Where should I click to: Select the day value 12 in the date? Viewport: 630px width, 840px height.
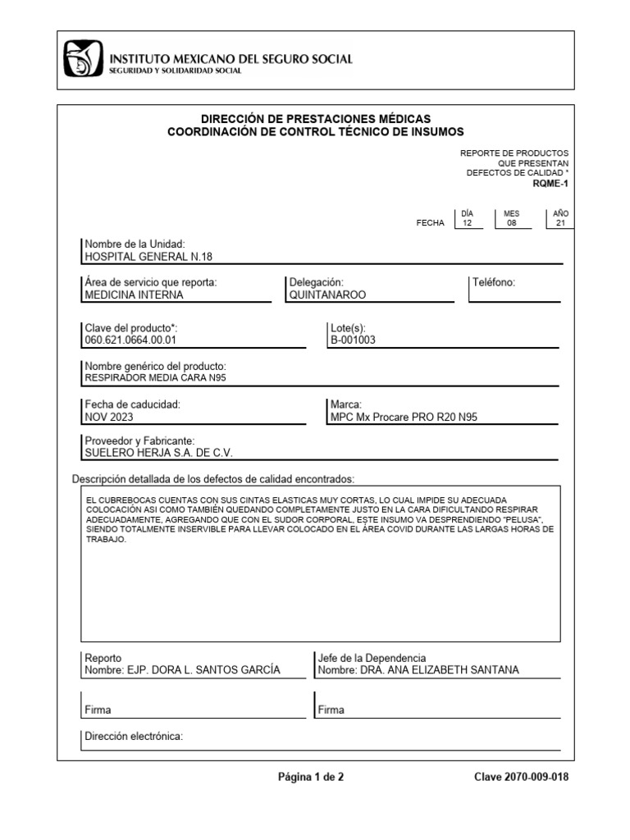(468, 223)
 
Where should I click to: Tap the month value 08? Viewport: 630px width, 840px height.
(512, 223)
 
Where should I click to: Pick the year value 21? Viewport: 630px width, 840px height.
(561, 223)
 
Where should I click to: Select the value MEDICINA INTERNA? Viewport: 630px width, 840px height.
(135, 294)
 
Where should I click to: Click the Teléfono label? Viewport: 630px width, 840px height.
(494, 282)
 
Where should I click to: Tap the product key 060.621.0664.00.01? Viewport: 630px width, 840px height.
(131, 340)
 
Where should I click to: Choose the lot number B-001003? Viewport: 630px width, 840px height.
(353, 340)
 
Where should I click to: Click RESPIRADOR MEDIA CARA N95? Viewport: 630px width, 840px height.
(155, 378)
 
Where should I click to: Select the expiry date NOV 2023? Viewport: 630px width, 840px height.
(110, 417)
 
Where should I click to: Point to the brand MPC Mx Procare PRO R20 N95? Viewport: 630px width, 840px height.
(404, 417)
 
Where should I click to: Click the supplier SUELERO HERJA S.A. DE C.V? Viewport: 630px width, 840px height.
(164, 453)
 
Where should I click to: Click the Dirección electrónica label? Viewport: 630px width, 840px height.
(135, 737)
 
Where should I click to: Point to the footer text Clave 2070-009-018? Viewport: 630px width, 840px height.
(521, 778)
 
